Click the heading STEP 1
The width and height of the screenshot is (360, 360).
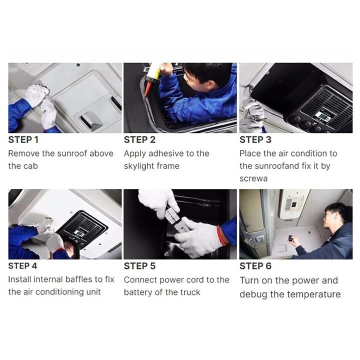pos(23,140)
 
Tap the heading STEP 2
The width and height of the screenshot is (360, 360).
pos(139,140)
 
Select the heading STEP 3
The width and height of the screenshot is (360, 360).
pos(255,140)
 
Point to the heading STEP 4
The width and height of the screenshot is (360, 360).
pos(22,266)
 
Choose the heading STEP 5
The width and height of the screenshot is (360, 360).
pos(139,266)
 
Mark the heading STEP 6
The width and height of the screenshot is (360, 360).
pos(255,266)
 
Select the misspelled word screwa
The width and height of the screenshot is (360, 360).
pos(253,178)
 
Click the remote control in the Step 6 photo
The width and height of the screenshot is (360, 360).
pos(290,238)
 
